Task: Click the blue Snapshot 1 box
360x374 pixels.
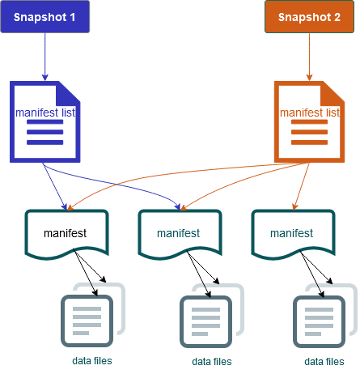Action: coord(44,17)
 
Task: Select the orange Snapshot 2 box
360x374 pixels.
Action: coord(309,17)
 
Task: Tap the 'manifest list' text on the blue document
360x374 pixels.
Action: coord(45,112)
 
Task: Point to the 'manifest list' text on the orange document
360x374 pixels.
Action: coord(309,112)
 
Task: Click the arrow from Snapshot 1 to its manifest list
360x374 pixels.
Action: coord(44,57)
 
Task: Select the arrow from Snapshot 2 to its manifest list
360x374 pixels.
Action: coord(309,57)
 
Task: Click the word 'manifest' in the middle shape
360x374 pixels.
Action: coord(178,233)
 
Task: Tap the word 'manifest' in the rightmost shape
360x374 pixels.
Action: coord(291,233)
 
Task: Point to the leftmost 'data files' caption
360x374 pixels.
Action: coord(91,360)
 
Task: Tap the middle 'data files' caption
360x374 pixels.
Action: coord(211,361)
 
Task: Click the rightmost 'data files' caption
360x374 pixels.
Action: coord(324,361)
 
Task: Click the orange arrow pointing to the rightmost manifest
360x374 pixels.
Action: coord(300,190)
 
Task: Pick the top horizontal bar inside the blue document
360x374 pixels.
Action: coord(44,122)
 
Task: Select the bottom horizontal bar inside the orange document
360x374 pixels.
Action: coord(309,142)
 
